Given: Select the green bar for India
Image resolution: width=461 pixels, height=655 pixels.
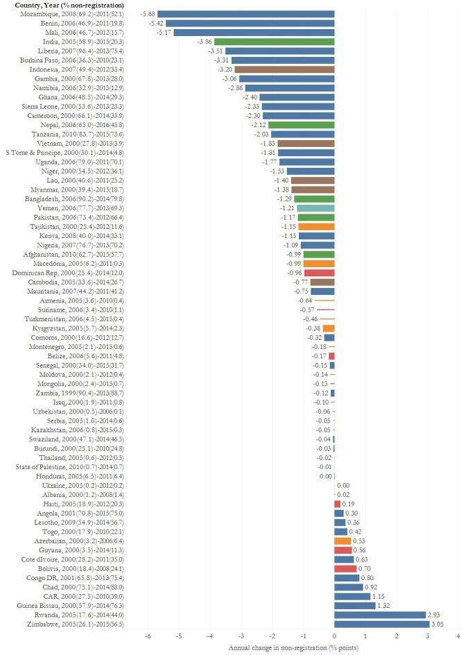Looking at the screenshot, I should pyautogui.click(x=275, y=42).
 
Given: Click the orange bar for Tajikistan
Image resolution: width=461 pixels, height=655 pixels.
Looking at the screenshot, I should pyautogui.click(x=316, y=226).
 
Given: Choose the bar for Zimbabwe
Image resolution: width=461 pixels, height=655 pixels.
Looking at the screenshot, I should pyautogui.click(x=382, y=624).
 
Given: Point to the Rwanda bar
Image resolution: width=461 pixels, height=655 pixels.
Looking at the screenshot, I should pyautogui.click(x=380, y=615).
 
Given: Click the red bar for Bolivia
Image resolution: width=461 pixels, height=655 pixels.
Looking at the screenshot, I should pyautogui.click(x=345, y=568).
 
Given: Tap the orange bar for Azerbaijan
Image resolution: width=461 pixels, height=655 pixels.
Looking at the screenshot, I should pyautogui.click(x=342, y=541).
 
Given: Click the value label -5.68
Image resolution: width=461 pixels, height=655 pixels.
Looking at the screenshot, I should pyautogui.click(x=148, y=14).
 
